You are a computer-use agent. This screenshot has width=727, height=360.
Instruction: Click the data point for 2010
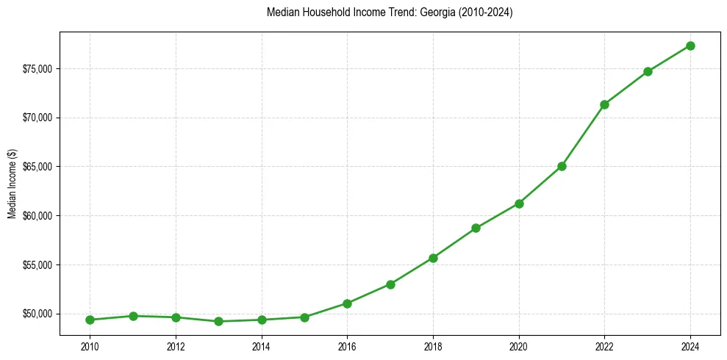point(90,320)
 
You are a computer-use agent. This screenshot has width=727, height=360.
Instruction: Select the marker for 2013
point(218,321)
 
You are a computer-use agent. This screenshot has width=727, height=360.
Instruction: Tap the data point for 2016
point(347,303)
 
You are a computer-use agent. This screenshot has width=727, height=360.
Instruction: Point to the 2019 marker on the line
point(476,228)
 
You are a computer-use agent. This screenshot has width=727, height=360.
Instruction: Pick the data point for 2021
point(562,166)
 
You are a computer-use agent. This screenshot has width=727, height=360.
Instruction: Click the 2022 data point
point(604,104)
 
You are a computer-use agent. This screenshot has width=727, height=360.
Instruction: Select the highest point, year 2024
point(690,46)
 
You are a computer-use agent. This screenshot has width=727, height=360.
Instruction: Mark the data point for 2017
point(390,284)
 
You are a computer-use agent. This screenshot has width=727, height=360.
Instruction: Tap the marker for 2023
point(648,71)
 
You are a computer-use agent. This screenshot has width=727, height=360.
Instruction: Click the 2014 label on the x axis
point(261,345)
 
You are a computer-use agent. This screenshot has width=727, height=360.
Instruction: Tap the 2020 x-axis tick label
point(519,345)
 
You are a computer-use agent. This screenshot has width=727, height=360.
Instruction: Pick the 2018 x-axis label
point(433,345)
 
